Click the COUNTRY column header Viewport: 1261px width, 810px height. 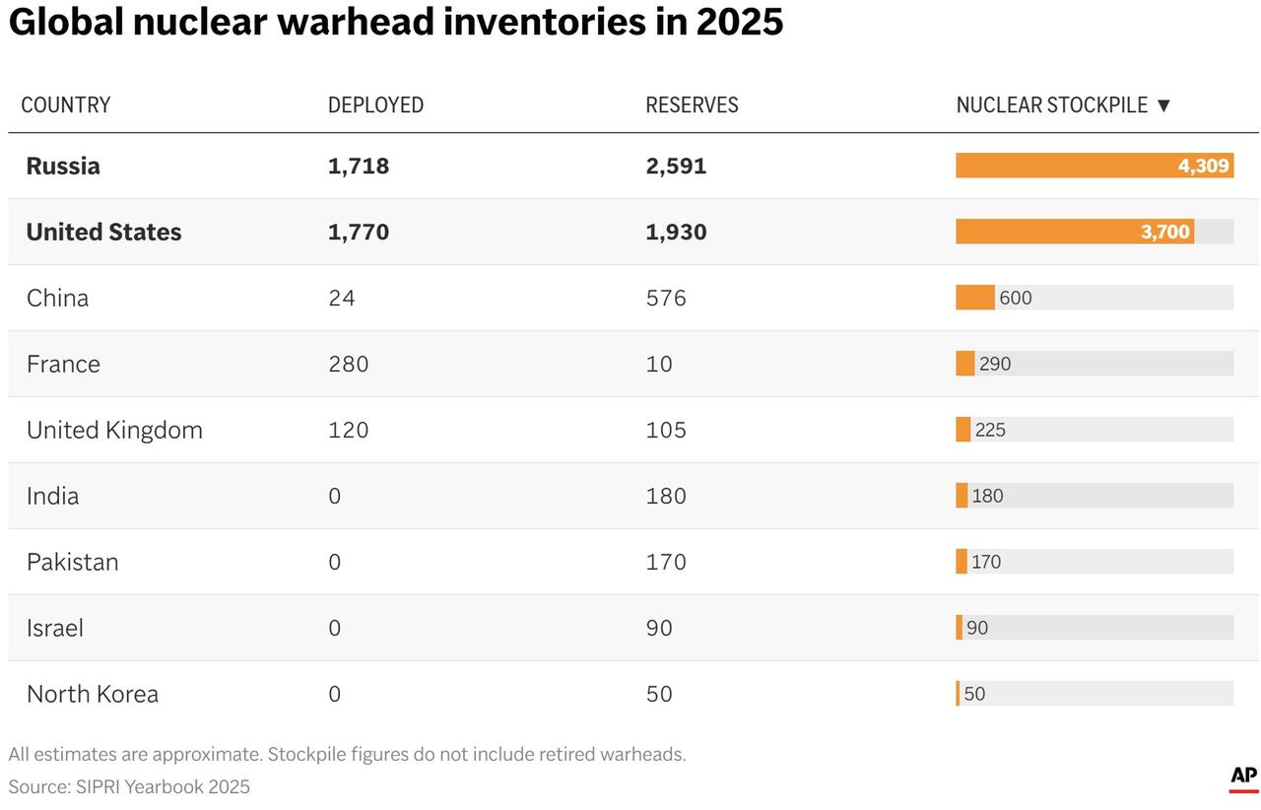66,105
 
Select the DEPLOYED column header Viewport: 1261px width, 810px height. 375,105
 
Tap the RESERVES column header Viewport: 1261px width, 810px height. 692,105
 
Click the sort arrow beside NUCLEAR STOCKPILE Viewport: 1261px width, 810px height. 1163,105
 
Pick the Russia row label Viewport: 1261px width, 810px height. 63,166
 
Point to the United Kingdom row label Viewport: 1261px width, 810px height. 114,430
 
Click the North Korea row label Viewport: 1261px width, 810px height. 93,694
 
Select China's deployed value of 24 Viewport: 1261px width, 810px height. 341,298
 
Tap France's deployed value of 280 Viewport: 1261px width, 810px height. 348,364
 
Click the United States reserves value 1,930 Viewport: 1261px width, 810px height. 676,232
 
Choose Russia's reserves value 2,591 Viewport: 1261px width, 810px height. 676,166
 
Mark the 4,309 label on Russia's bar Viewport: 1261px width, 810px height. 1203,166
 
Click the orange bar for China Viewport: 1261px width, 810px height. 974,298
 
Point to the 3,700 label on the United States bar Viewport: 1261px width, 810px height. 1165,233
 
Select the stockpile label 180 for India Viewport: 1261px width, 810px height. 987,496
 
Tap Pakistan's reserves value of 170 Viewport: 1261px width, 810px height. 665,562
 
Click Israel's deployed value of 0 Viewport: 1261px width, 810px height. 334,628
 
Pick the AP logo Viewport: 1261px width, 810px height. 1243,777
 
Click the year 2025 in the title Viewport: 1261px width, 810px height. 739,22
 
